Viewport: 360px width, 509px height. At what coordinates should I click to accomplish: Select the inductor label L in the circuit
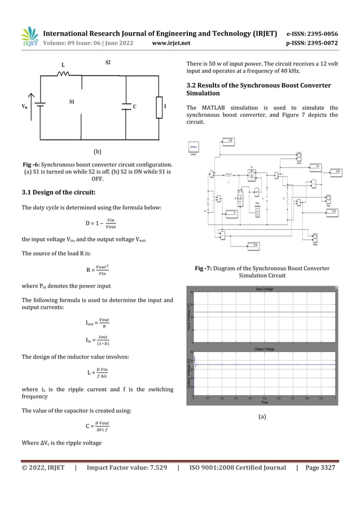[x=63, y=65]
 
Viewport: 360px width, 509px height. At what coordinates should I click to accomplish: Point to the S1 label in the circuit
[x=72, y=102]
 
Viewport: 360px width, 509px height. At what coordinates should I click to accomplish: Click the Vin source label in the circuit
[x=25, y=107]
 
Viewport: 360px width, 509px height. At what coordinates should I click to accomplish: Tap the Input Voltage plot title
[x=264, y=289]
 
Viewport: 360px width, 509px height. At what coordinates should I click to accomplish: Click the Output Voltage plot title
[x=264, y=349]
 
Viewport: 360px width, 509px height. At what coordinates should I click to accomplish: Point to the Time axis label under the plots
[x=264, y=402]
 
